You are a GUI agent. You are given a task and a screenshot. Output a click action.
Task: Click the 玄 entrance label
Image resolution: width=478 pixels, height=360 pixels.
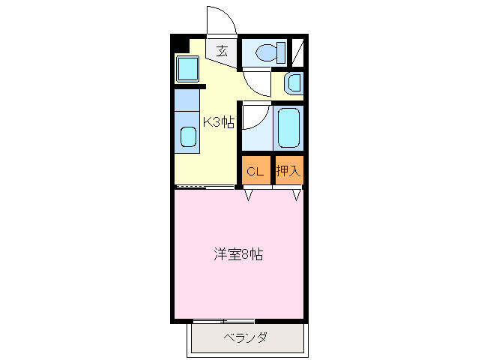(x=223, y=51)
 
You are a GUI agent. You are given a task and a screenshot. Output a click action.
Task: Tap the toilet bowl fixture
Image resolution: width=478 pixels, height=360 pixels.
(x=266, y=52)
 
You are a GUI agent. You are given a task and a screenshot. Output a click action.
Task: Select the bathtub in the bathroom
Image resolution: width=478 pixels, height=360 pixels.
(x=288, y=127)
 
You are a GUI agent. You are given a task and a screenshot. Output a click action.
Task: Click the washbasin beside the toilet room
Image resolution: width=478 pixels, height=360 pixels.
(x=294, y=83)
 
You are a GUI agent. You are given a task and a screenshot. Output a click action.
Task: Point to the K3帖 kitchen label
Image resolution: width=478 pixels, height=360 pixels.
(x=219, y=122)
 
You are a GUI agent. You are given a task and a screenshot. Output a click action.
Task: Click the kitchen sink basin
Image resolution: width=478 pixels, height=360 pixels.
(x=188, y=137)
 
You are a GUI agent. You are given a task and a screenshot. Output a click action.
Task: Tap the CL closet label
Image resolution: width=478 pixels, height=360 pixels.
(x=255, y=172)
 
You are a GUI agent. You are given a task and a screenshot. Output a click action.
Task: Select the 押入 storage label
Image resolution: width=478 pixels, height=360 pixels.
(x=288, y=170)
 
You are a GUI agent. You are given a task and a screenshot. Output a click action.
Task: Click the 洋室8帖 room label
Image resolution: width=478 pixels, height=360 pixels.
(x=238, y=254)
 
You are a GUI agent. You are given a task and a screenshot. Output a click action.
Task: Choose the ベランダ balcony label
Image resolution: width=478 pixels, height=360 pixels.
(x=246, y=337)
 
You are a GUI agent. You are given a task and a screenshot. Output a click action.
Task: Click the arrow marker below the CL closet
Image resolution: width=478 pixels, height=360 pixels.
(x=249, y=195)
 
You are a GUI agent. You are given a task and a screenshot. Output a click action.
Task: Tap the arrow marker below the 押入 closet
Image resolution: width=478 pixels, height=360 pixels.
(x=296, y=195)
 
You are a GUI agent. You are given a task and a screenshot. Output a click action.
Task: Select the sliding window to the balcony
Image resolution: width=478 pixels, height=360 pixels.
(x=224, y=321)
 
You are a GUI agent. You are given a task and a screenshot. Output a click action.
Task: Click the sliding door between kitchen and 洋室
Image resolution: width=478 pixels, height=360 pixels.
(x=205, y=187)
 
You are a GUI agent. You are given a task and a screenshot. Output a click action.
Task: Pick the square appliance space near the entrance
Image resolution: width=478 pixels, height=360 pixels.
(x=187, y=69)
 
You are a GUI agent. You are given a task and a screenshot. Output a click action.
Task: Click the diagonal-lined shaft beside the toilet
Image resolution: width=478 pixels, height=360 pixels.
(x=297, y=52)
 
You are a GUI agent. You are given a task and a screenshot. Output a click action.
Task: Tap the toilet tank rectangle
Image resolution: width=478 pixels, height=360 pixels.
(x=281, y=52)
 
